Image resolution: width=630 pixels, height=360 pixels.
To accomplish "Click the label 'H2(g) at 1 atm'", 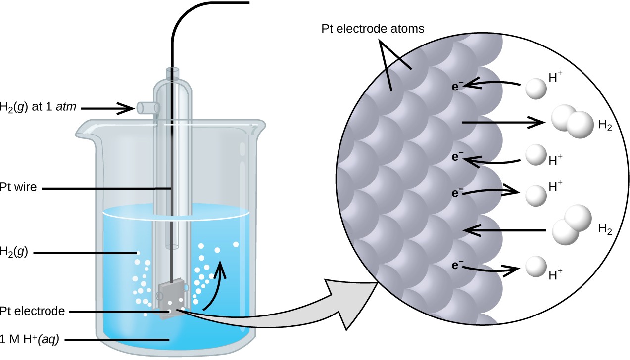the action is coord(38,107).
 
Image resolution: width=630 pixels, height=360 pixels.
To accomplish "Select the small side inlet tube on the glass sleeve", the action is coord(148,108).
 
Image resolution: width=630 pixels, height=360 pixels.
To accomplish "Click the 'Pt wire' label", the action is coord(18,187).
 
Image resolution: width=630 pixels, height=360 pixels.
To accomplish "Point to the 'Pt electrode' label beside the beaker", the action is coord(32,311).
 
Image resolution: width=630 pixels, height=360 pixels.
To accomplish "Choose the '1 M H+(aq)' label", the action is coord(30,340).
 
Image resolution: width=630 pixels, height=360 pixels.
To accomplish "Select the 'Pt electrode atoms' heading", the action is coord(373,29).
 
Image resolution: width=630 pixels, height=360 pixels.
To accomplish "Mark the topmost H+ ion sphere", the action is coord(536,89).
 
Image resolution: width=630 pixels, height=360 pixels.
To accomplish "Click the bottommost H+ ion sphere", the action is coord(536,267).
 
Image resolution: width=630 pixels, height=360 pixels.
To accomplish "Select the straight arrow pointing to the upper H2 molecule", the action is coord(504,122).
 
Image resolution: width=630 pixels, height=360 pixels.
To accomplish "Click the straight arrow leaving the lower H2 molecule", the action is coord(504,230).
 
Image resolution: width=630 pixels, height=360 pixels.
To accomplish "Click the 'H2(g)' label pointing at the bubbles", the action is coord(14,252).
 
